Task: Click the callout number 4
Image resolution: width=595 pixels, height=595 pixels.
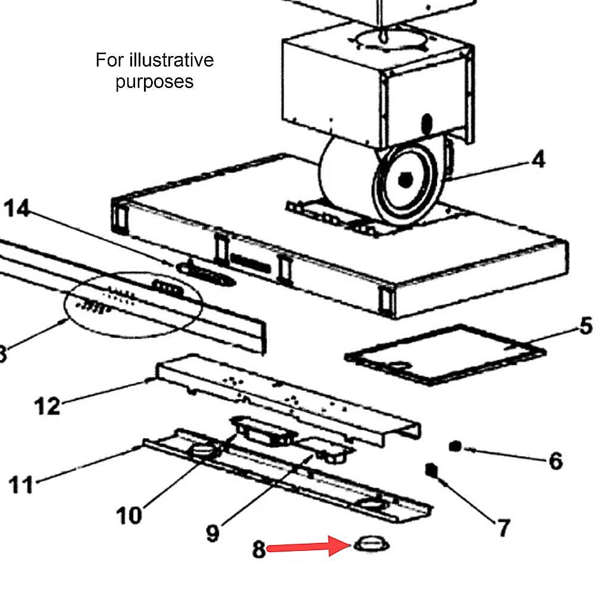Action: coord(538,159)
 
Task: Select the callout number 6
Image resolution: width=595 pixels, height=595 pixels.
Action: coord(556,461)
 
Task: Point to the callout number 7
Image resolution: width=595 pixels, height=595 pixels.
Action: coord(503,527)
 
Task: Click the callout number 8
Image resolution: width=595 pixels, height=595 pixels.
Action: coord(259,549)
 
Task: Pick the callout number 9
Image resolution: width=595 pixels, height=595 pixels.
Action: coord(213,533)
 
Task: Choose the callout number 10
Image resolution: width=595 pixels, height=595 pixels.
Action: coord(129,515)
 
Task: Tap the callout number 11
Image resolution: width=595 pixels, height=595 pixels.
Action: coord(21,484)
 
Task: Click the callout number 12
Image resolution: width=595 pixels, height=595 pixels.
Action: coord(47,406)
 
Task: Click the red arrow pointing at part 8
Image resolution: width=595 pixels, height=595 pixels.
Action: coord(308,546)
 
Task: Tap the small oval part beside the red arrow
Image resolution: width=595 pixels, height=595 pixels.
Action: coord(371,544)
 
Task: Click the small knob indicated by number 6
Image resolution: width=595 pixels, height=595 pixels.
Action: coord(455,447)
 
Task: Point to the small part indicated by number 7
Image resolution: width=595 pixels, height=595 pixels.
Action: coord(431,471)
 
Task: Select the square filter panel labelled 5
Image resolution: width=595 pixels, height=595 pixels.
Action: coord(446,354)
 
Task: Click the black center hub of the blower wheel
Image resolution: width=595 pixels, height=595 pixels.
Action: coord(405,180)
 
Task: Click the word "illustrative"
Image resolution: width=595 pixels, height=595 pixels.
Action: coord(172,60)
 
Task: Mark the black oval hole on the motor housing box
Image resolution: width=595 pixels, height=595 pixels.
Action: coord(427,124)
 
